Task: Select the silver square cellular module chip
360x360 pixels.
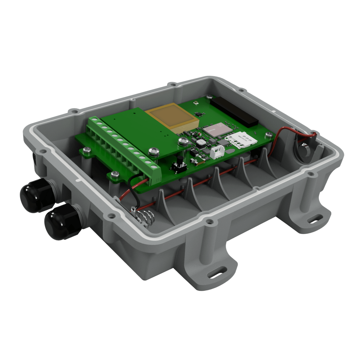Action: pyautogui.click(x=217, y=131)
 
